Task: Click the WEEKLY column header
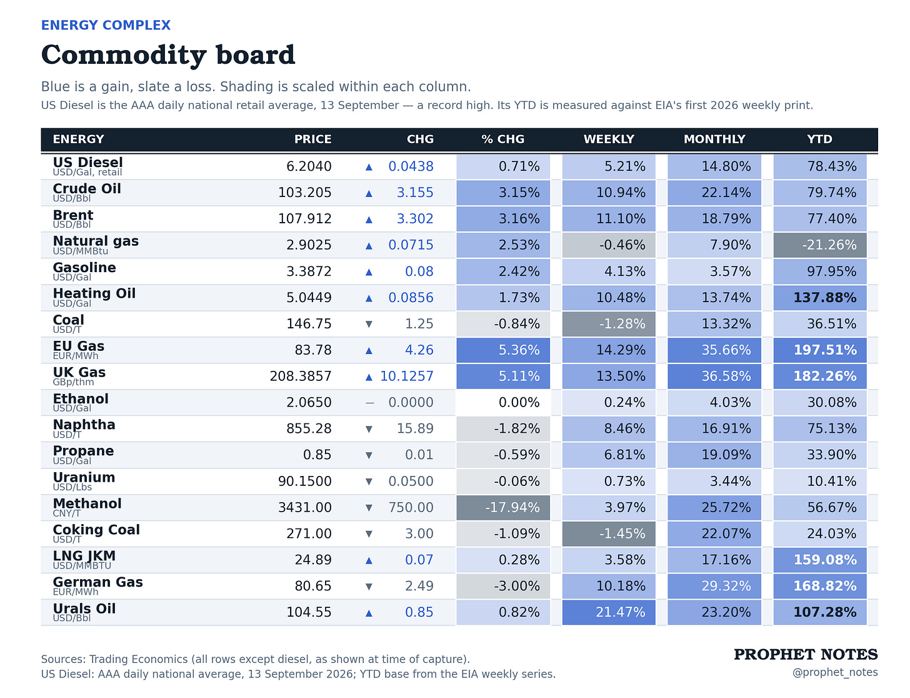coord(609,139)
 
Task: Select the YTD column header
coord(819,139)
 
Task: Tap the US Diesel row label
coord(87,162)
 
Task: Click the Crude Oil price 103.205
coord(304,192)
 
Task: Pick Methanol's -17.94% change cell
coord(503,507)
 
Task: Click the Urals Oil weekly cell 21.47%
coord(609,612)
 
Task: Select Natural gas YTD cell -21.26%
coord(819,245)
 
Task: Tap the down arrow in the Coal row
coord(369,324)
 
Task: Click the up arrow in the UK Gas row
coord(369,377)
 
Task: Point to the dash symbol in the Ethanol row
coord(369,403)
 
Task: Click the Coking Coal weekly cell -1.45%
coord(609,534)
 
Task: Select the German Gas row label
coord(97,582)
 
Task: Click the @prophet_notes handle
coord(834,672)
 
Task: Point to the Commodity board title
coord(168,55)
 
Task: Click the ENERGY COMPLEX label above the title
coord(106,25)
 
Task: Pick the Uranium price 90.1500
coord(304,481)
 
